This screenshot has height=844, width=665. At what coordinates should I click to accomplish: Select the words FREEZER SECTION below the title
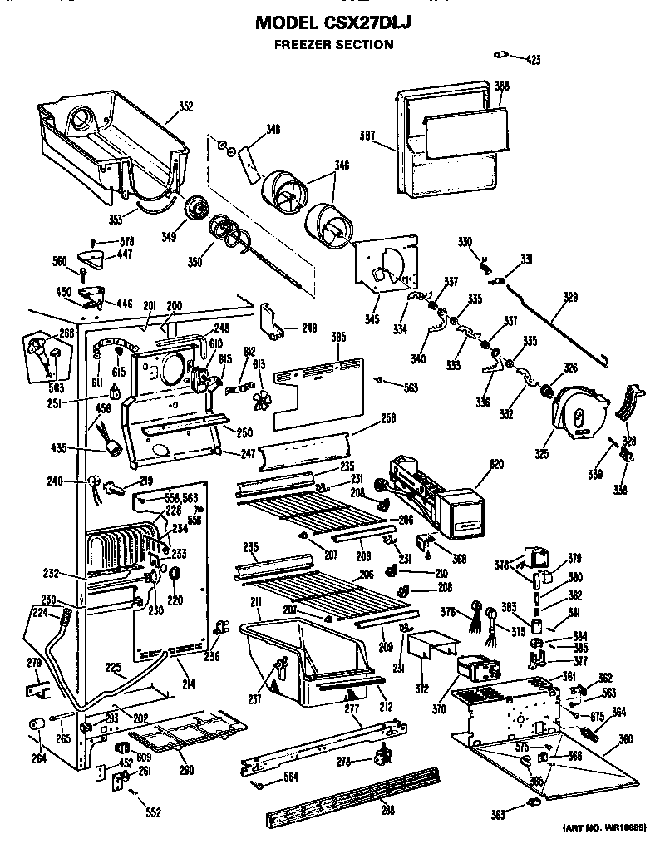point(333,45)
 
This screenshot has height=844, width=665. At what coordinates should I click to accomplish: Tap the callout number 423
point(533,59)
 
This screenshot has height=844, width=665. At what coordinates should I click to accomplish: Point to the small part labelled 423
point(500,55)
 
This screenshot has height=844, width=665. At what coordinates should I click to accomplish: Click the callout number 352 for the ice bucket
point(185,106)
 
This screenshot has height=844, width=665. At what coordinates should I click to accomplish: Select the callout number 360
point(624,740)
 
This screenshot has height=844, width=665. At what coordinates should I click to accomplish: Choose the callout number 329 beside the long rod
point(571,294)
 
